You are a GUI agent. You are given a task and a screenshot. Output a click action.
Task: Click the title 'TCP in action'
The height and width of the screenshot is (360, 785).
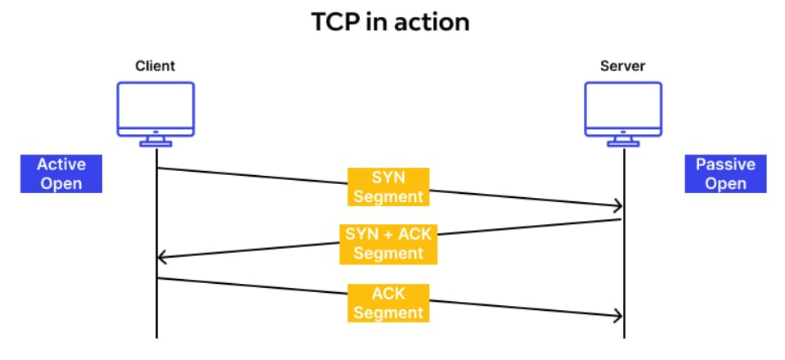tap(391, 22)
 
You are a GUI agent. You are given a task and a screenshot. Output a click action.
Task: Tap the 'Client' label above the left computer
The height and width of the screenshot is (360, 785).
tap(155, 66)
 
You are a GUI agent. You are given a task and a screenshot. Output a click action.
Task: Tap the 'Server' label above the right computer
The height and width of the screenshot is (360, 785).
tap(623, 66)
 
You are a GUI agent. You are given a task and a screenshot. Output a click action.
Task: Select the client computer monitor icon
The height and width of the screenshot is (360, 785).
tap(155, 109)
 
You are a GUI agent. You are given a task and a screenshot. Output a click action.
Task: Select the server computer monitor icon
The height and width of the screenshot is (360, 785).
tap(623, 109)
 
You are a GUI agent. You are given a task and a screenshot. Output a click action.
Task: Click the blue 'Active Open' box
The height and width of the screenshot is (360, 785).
tap(61, 173)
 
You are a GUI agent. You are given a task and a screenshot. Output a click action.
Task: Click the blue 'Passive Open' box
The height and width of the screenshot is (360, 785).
tap(725, 173)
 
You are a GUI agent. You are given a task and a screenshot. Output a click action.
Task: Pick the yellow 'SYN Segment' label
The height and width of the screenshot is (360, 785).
tap(388, 187)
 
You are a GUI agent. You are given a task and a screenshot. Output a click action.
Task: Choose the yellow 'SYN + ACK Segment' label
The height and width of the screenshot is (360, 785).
tap(388, 243)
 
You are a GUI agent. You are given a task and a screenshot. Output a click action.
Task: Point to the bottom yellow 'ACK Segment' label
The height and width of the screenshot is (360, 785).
tap(388, 303)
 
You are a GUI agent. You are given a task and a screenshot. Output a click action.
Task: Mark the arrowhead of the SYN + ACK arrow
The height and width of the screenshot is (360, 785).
tap(161, 258)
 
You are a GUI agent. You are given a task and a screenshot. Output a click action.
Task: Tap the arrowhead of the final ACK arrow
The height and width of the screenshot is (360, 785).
tap(619, 317)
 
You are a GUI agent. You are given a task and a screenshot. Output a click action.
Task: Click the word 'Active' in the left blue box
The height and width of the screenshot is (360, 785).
tap(61, 164)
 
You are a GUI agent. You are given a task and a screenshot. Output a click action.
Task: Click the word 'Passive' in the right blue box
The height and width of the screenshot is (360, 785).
tap(725, 164)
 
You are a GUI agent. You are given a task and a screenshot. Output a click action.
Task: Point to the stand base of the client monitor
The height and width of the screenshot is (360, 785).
tap(155, 144)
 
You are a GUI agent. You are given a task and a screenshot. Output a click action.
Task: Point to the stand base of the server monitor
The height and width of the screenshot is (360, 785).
tap(623, 144)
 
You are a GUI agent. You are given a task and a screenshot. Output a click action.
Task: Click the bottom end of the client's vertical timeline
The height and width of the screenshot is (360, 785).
tap(156, 335)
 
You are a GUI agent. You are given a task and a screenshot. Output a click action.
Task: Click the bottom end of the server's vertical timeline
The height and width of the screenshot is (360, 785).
tap(624, 335)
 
